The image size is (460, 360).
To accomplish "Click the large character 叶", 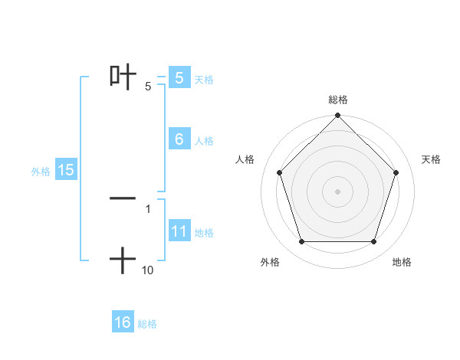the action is (x=123, y=76).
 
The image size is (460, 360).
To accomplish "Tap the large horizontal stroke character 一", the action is (x=123, y=198).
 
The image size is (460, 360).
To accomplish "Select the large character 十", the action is (x=123, y=260).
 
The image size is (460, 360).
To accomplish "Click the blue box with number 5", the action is (x=179, y=78).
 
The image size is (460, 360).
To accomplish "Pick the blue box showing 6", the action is (x=179, y=139).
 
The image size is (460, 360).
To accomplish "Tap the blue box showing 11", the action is (x=179, y=231).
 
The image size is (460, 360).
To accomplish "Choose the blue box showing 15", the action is (x=66, y=170).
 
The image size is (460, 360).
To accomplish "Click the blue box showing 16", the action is (x=123, y=322).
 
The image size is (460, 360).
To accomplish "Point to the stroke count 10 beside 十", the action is (x=148, y=270).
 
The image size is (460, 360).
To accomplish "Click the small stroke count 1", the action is (x=148, y=208).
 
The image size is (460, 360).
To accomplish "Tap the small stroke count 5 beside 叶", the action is (x=148, y=87).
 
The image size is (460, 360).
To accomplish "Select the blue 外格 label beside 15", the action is (x=41, y=172).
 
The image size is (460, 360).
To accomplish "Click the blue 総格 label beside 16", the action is (x=147, y=324).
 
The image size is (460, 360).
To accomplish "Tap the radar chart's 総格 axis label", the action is (x=338, y=100).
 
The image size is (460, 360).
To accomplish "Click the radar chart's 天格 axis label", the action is (x=432, y=159).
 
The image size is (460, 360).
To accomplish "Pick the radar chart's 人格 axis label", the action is (x=245, y=159).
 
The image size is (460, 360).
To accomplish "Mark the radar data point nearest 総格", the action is (x=337, y=116).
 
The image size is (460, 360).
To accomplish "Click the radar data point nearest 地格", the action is (x=374, y=242).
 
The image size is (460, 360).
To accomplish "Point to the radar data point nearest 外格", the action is (x=301, y=242).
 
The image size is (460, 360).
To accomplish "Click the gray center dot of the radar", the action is (x=337, y=191).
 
